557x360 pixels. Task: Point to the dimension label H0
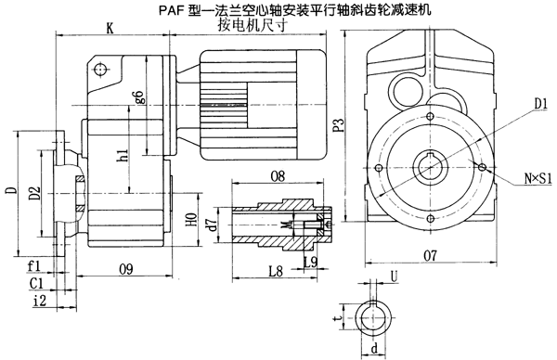(191, 223)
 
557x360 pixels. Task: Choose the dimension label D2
(33, 193)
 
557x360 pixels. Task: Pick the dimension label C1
(34, 282)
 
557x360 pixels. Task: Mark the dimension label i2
(36, 300)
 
